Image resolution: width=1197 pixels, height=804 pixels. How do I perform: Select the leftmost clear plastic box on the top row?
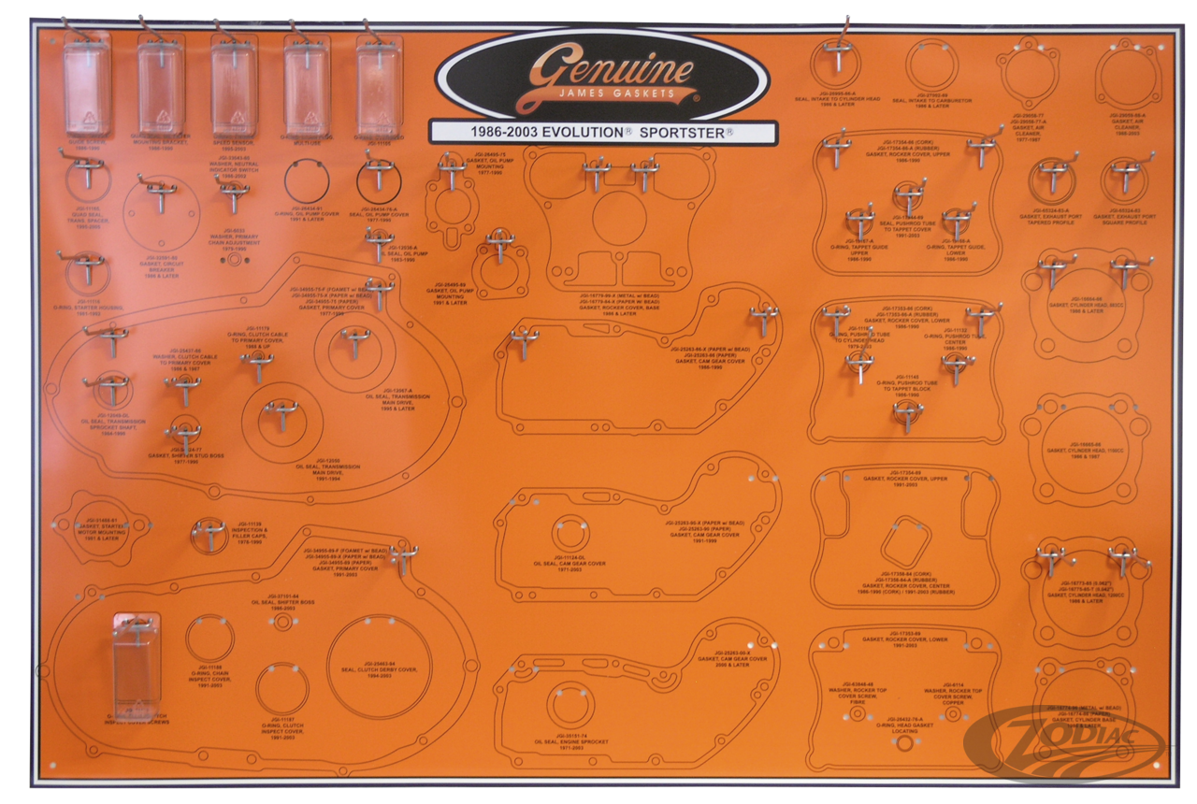[87, 86]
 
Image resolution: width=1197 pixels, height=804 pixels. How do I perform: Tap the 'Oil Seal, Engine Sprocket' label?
[570, 744]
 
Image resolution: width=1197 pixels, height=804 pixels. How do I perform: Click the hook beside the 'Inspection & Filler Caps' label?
[209, 533]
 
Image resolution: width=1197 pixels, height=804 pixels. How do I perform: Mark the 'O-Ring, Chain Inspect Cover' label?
[206, 677]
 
